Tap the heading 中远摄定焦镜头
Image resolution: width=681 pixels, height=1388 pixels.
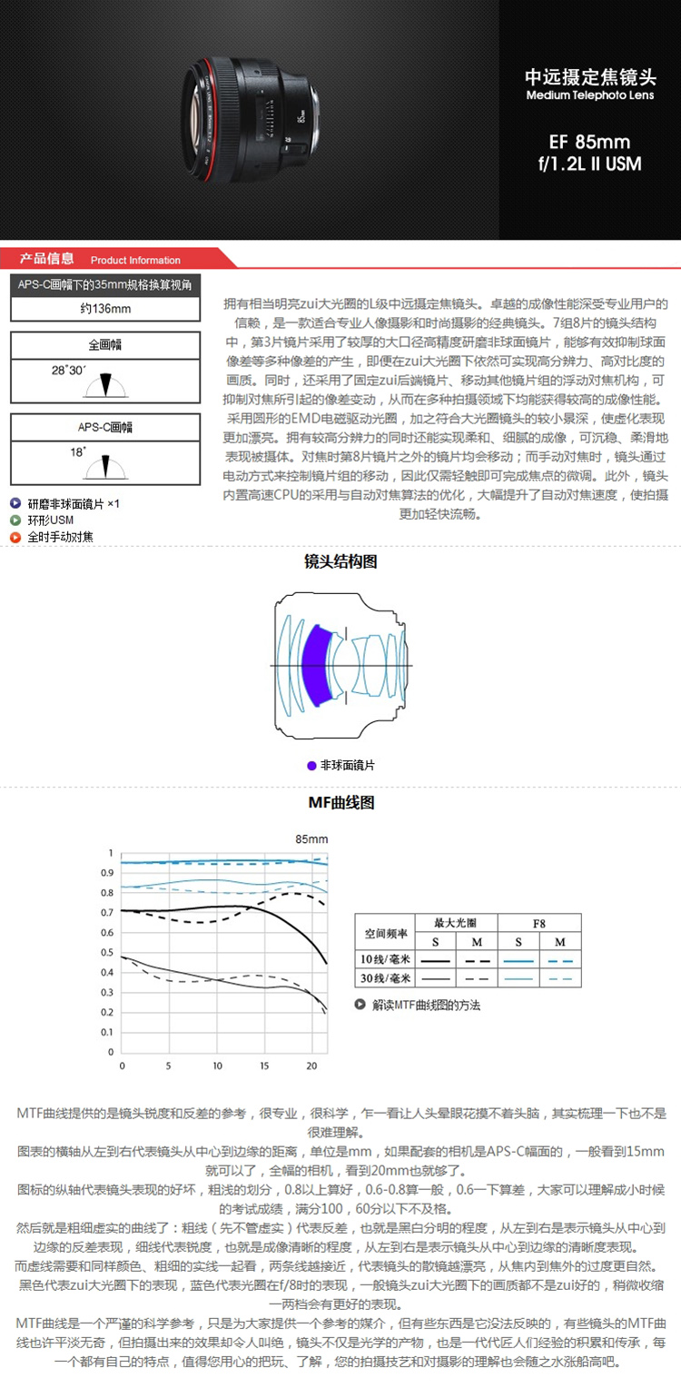point(590,77)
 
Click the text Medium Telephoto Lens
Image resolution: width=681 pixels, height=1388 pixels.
point(590,95)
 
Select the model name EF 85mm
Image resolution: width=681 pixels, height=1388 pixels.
point(590,143)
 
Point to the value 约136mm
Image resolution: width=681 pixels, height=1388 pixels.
point(104,309)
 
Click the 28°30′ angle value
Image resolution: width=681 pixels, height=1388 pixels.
point(68,371)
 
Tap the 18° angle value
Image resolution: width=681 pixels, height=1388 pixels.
point(80,451)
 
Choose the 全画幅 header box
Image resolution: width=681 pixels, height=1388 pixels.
point(104,345)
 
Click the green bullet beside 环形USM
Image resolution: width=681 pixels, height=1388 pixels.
point(15,520)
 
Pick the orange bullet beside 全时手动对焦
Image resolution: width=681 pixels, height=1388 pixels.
point(15,537)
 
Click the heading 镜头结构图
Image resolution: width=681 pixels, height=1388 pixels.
point(340,562)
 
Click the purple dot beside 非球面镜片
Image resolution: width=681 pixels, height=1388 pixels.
point(311,766)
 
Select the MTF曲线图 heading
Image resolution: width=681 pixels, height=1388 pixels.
point(340,803)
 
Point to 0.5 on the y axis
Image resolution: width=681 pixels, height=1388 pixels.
point(110,952)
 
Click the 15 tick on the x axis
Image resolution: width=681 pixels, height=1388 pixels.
point(264,1066)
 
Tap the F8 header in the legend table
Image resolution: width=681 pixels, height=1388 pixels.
point(539,923)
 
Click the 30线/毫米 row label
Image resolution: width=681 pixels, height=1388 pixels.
point(387,978)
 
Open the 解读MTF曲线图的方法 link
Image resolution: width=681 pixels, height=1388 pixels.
point(426,1006)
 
